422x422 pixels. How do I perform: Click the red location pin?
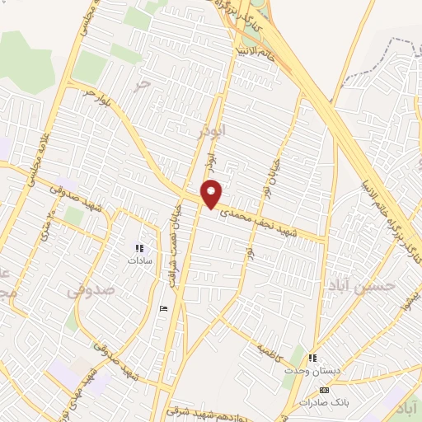tap(212, 193)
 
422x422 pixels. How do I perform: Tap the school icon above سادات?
tap(139, 246)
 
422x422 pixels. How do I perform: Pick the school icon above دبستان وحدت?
tap(312, 358)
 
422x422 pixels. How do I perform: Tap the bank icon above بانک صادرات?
tap(324, 390)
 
